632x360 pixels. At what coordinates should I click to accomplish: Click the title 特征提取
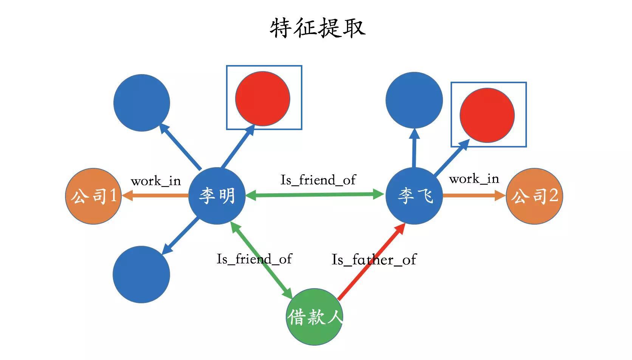pos(318,28)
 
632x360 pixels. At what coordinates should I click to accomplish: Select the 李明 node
pos(217,196)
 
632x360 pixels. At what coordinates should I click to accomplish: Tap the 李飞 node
pos(414,196)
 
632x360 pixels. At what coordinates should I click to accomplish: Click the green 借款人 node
pos(314,317)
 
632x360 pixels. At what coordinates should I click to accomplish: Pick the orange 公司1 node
pos(93,196)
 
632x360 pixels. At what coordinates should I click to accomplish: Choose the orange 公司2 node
pos(534,196)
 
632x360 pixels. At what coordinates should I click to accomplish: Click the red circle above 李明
pos(262,98)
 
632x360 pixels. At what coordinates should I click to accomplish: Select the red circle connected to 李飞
pos(487,115)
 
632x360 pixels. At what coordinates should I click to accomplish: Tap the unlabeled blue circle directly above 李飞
pos(414,100)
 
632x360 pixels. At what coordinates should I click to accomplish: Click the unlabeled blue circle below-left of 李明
pos(141,275)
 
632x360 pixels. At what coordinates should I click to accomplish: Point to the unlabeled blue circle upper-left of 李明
pos(142,103)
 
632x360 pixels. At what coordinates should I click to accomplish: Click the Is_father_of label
pos(373,260)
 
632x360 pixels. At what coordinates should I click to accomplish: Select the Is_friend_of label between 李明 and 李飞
pos(318,180)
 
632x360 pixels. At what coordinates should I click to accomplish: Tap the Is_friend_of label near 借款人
pos(254,259)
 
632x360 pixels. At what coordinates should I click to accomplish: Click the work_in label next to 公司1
pos(156,181)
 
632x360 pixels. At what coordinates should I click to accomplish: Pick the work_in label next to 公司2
pos(474,179)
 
